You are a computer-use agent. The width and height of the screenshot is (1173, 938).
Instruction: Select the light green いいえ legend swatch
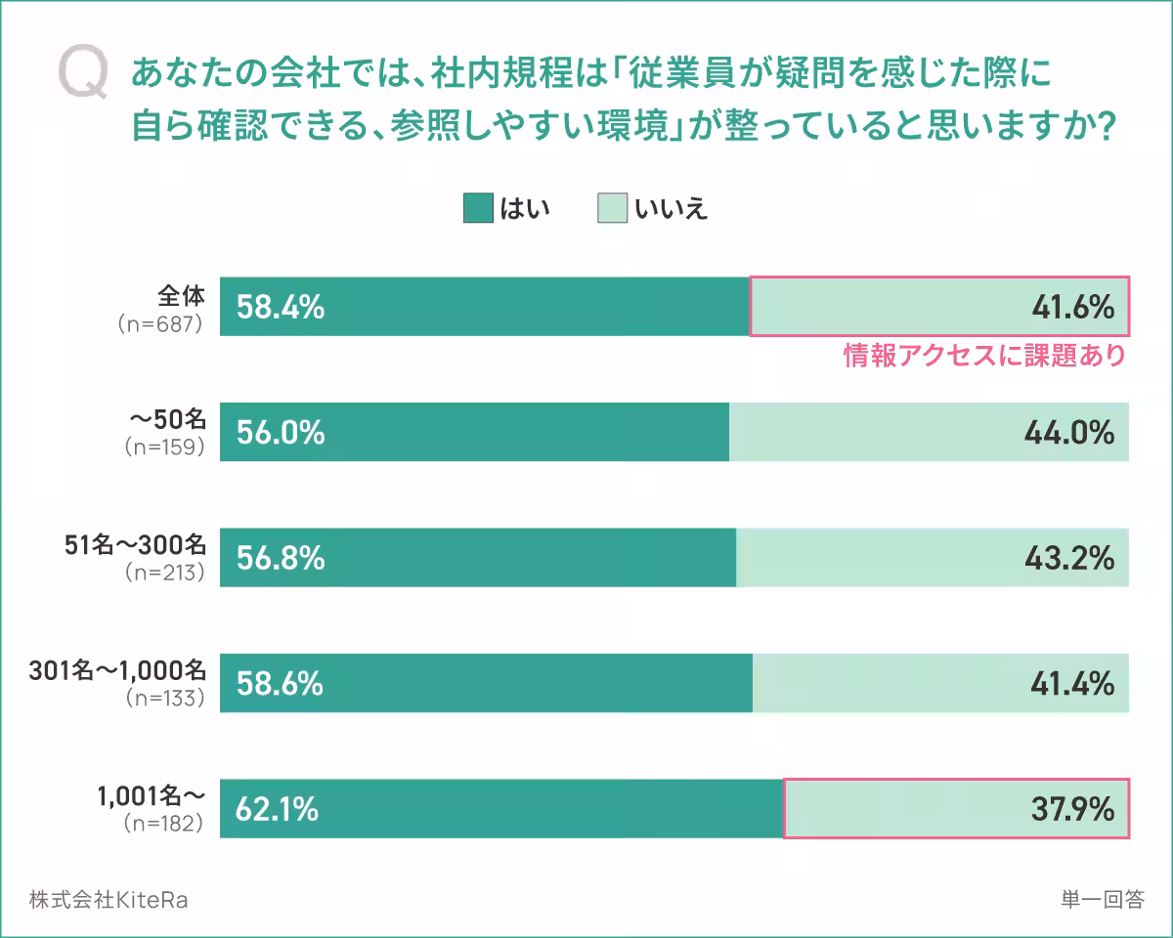612,208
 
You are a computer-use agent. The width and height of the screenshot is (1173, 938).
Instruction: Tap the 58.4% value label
281,308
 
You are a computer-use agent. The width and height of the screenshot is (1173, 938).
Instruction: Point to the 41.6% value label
1072,308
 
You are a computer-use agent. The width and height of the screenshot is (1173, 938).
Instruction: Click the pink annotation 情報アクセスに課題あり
984,356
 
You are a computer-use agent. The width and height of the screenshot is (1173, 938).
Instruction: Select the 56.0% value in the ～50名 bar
281,432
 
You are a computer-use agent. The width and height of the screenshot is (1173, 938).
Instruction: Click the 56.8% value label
281,558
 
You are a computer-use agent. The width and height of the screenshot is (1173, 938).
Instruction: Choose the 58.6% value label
281,684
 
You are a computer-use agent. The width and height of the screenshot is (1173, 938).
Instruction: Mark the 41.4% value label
1072,684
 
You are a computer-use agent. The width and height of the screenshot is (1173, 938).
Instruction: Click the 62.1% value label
278,809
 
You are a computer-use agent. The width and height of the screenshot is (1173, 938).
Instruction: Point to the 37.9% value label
1072,809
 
